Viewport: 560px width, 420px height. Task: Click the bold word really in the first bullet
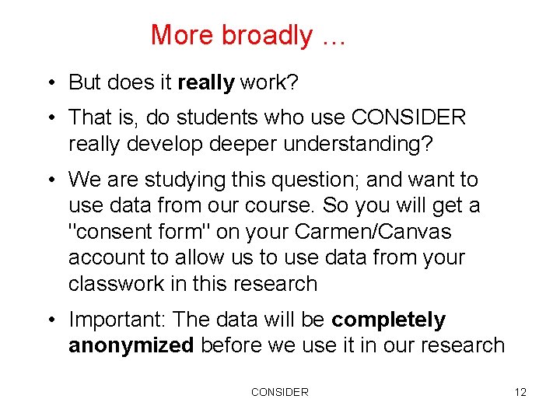[x=206, y=82]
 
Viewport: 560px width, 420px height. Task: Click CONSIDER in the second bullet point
[x=408, y=117]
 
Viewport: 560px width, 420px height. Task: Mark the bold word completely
[x=388, y=320]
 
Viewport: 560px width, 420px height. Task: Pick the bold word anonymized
[x=131, y=345]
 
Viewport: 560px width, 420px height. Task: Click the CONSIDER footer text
[x=279, y=392]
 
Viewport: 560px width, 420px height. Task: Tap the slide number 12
[x=520, y=392]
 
